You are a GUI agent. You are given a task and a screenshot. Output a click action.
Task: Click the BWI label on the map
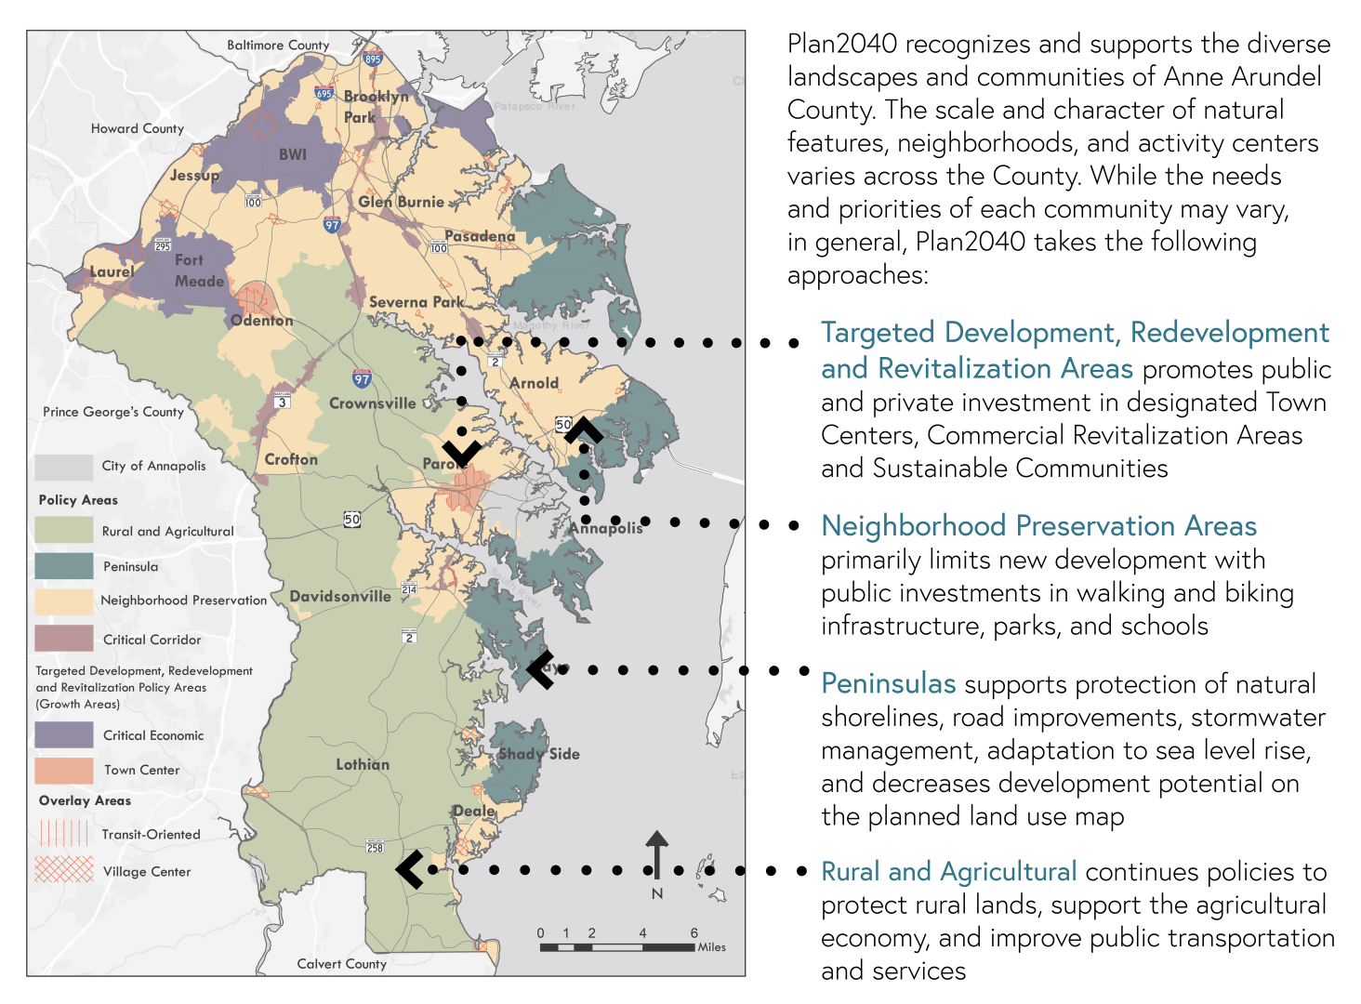pyautogui.click(x=293, y=154)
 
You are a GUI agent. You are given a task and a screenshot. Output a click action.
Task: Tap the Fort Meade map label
pyautogui.click(x=199, y=271)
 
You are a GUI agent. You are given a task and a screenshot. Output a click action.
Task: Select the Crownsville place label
pyautogui.click(x=372, y=403)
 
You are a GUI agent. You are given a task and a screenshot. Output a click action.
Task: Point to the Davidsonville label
pyautogui.click(x=340, y=597)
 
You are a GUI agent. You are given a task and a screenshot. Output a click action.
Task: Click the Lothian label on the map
pyautogui.click(x=363, y=764)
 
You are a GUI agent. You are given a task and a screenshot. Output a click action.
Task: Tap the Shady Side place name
pyautogui.click(x=539, y=754)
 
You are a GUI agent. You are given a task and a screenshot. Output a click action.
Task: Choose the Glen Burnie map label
pyautogui.click(x=401, y=202)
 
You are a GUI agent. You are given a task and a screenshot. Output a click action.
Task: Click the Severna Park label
pyautogui.click(x=416, y=302)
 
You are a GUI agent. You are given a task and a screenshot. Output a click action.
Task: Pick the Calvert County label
pyautogui.click(x=341, y=964)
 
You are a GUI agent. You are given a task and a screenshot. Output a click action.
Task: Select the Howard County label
pyautogui.click(x=138, y=128)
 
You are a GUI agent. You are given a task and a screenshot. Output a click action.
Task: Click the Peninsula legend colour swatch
pyautogui.click(x=64, y=566)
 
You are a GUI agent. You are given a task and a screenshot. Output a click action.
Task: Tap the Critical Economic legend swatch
pyautogui.click(x=64, y=734)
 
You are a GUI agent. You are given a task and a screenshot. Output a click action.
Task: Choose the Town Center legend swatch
pyautogui.click(x=64, y=770)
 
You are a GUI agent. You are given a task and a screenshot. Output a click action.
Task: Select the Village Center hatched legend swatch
pyautogui.click(x=64, y=870)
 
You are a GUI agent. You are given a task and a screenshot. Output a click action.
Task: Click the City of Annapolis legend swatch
pyautogui.click(x=64, y=466)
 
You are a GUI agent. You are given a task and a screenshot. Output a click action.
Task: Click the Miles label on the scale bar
pyautogui.click(x=711, y=947)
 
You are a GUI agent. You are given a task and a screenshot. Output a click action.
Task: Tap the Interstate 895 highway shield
pyautogui.click(x=373, y=58)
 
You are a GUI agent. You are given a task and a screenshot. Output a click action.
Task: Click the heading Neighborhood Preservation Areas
pyautogui.click(x=1038, y=526)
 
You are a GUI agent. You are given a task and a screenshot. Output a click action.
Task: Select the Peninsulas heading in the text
pyautogui.click(x=888, y=684)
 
